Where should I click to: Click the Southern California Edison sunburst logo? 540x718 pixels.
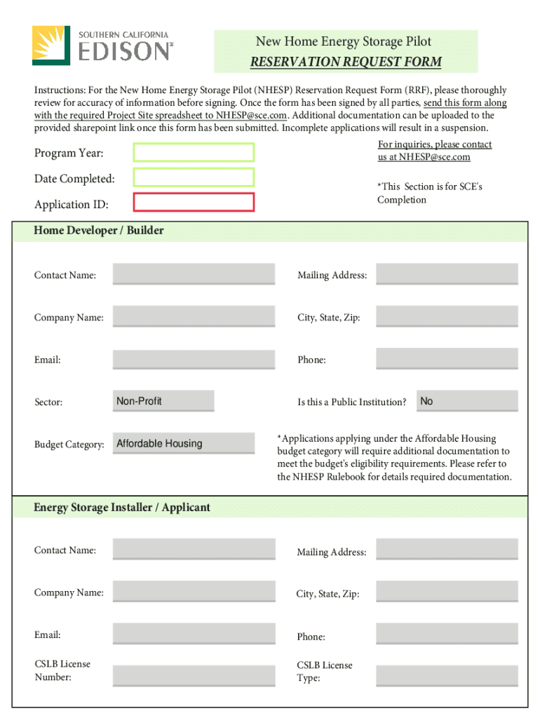(x=51, y=45)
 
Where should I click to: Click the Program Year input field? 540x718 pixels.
(x=194, y=152)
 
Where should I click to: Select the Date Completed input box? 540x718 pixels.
(x=194, y=177)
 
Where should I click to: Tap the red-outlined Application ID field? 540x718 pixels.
(x=194, y=203)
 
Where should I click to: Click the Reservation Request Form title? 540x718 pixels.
(x=346, y=62)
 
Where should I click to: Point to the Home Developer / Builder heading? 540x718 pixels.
(x=99, y=231)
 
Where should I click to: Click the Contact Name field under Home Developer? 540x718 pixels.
(x=194, y=274)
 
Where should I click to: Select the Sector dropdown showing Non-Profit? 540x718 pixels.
(x=163, y=401)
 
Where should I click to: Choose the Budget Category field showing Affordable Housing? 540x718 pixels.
(x=184, y=443)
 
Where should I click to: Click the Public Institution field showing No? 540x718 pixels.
(x=467, y=401)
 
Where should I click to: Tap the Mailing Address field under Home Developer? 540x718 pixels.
(x=447, y=274)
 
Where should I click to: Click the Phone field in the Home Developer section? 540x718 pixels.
(x=447, y=359)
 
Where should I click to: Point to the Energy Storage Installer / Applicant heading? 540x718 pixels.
(x=122, y=507)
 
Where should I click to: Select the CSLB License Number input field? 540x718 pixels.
(x=194, y=675)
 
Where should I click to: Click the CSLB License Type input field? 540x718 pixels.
(x=447, y=675)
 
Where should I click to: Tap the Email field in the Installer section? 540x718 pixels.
(x=194, y=634)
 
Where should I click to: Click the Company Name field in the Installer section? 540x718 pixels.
(x=194, y=592)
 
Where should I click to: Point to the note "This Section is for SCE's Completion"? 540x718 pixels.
(x=429, y=194)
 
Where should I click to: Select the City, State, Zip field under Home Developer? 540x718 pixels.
(x=447, y=317)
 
